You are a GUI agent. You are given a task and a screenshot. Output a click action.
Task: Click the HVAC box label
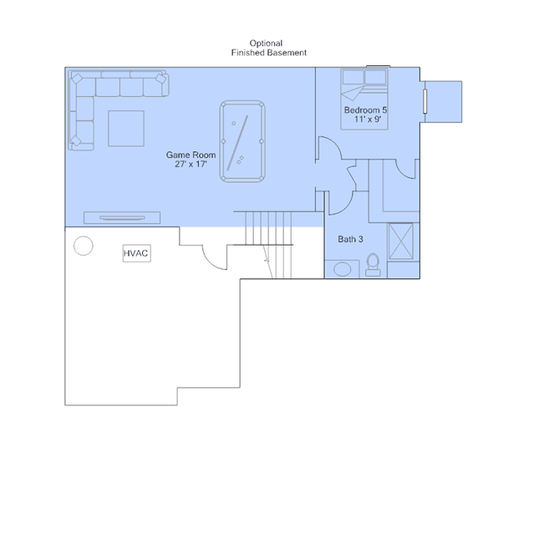[136, 253]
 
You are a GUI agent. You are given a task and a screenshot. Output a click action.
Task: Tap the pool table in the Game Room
[242, 141]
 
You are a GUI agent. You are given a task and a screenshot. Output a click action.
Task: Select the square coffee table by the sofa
[126, 129]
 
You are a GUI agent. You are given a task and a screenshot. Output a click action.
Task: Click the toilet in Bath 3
[373, 265]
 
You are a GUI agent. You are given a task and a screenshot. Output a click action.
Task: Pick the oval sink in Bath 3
[343, 269]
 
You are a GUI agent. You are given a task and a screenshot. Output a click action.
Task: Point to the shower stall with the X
[401, 242]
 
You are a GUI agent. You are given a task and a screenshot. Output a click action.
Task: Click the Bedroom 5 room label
[365, 110]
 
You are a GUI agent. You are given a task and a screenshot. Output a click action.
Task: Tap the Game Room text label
[191, 155]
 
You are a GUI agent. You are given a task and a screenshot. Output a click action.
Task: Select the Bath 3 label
[350, 239]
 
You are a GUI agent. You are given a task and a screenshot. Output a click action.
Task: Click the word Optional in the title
[266, 43]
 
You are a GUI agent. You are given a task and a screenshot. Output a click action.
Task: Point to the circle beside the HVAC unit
[84, 246]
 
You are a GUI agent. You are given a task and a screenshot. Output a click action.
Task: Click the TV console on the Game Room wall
[122, 217]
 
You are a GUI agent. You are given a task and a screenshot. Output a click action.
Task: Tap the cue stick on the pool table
[237, 143]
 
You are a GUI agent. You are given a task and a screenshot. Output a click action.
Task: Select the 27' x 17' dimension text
[191, 164]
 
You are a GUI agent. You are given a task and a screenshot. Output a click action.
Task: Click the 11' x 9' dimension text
[368, 119]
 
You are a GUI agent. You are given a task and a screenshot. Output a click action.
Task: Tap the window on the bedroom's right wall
[425, 101]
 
